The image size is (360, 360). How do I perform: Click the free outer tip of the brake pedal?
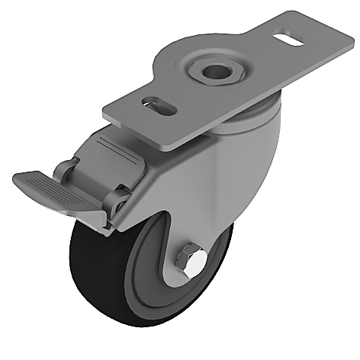coord(19,182)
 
